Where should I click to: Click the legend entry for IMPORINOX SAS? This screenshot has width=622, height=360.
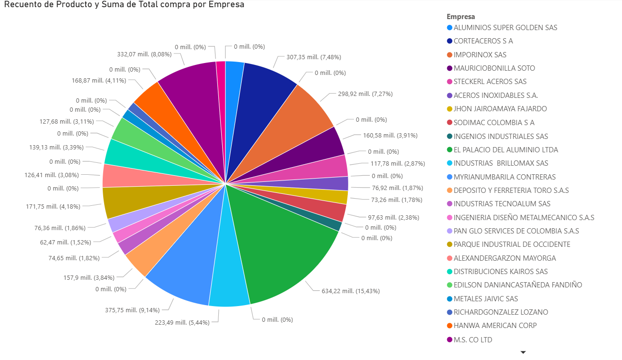[480, 55]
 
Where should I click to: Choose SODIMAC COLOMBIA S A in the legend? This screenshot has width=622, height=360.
[494, 123]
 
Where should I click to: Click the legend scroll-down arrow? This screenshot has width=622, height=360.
[523, 352]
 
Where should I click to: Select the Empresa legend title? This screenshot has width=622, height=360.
[461, 17]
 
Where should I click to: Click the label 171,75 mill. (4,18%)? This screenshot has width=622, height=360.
[53, 207]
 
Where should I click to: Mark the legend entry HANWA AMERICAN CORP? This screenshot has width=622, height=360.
[495, 326]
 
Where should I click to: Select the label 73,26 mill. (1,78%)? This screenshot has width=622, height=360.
[391, 200]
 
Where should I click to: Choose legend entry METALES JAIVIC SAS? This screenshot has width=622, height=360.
[485, 299]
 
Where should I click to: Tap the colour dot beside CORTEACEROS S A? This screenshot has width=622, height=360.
[450, 41]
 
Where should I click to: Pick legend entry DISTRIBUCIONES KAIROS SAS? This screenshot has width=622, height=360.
[501, 272]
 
